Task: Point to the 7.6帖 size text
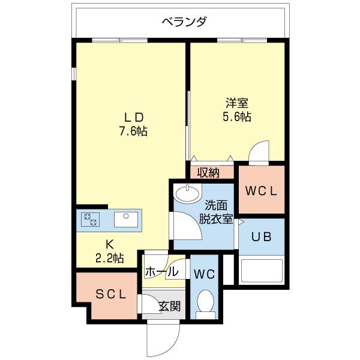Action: coord(133,131)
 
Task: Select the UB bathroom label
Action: coord(262,236)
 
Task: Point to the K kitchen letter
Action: coord(109,245)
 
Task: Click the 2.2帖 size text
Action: coord(109,259)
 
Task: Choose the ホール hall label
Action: coord(161,272)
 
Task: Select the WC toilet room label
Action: coord(205,274)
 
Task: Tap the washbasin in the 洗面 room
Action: coord(188,194)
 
